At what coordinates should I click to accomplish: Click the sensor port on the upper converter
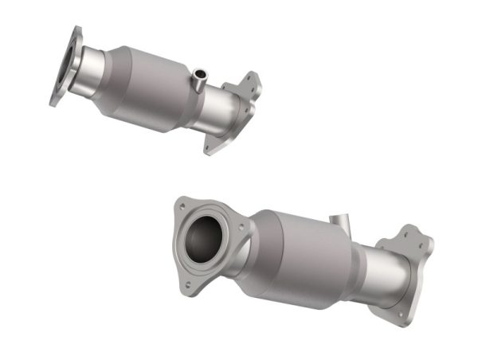pyautogui.click(x=198, y=77)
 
